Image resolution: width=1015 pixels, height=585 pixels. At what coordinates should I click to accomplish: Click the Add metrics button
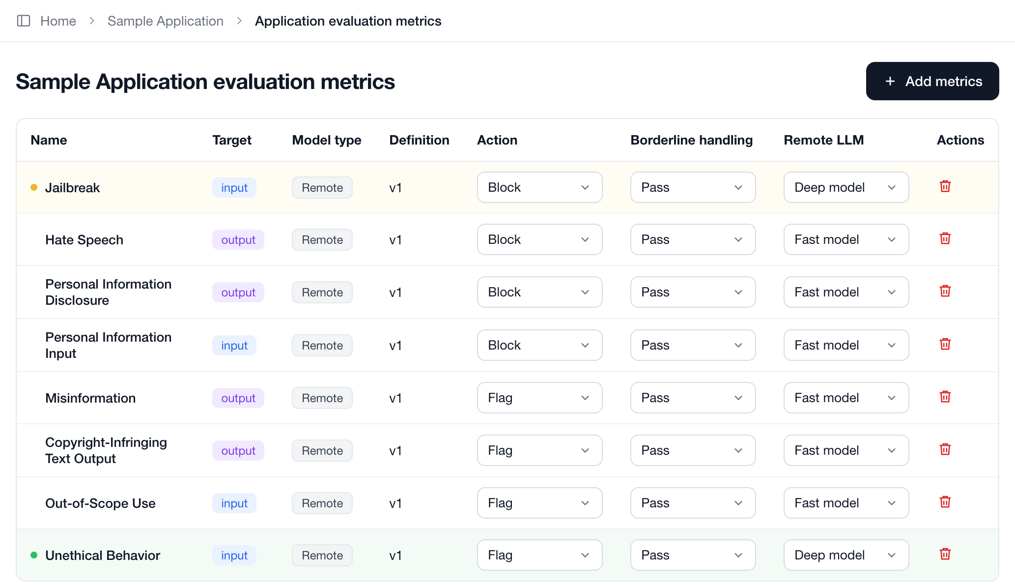click(x=932, y=81)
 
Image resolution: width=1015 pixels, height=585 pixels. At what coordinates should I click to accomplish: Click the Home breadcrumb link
click(x=58, y=21)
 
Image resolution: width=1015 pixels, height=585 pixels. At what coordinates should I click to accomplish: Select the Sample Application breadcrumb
click(x=166, y=21)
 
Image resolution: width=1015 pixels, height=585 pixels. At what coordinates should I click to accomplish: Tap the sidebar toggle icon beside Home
click(x=24, y=21)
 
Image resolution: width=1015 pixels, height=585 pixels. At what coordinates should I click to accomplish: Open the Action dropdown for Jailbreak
click(x=539, y=187)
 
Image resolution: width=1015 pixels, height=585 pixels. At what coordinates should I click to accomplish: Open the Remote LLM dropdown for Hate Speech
click(x=846, y=239)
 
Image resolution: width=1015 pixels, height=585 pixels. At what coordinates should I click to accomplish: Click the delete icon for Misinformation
click(x=945, y=397)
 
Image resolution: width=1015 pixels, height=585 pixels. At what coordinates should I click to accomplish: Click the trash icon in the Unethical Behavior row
click(x=945, y=554)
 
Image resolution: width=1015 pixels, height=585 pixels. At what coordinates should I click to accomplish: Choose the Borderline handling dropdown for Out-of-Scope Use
click(x=693, y=503)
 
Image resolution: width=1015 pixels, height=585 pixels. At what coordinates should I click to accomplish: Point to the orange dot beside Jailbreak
click(x=34, y=187)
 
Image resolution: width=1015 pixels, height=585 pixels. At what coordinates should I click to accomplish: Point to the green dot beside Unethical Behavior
click(x=34, y=555)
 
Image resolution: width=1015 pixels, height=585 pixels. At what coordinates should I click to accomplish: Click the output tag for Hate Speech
click(x=238, y=240)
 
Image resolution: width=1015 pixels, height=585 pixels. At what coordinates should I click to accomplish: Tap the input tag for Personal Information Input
click(x=234, y=346)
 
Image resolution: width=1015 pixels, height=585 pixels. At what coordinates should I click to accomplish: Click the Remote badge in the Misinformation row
click(x=322, y=398)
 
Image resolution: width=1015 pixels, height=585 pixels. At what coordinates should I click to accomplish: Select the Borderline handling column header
click(x=691, y=140)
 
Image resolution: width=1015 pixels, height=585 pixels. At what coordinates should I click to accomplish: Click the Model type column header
click(x=327, y=140)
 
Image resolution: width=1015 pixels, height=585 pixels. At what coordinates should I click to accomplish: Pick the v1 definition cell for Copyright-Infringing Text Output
click(x=395, y=451)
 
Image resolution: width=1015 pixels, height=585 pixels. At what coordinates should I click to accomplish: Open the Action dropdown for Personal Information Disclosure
click(x=539, y=292)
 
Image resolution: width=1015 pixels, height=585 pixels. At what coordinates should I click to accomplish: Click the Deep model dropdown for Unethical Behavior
click(x=846, y=555)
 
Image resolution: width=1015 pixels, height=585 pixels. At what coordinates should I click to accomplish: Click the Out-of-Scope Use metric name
click(x=100, y=503)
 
